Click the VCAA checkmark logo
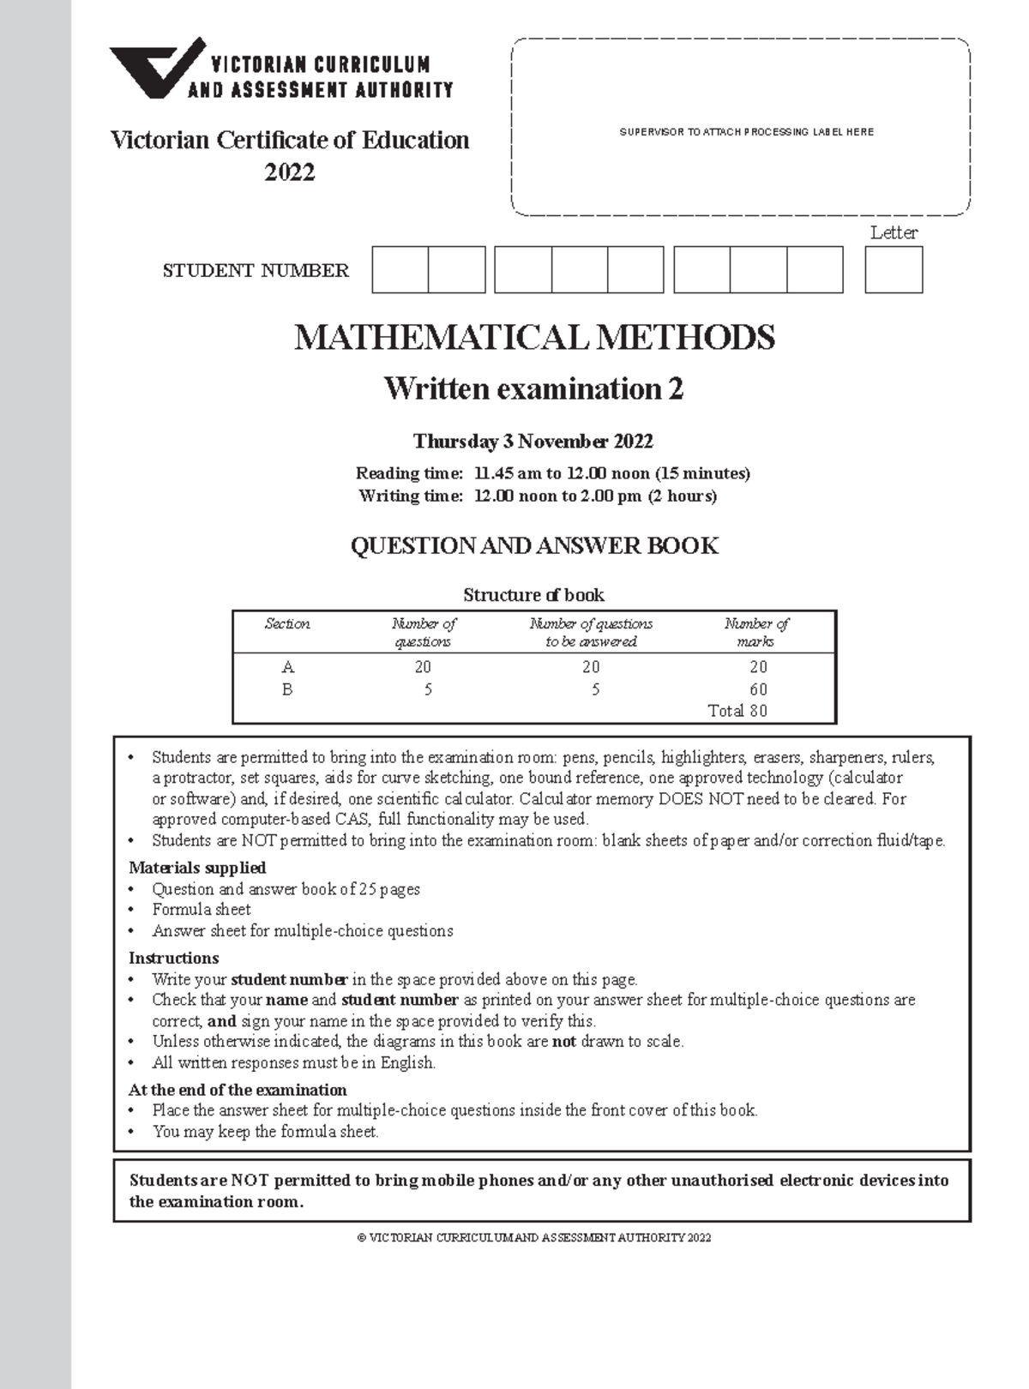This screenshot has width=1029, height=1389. coord(157,69)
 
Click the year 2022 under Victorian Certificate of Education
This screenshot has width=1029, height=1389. coord(290,172)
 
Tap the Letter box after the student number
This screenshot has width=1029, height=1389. coord(894,270)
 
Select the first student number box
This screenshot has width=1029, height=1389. coord(400,270)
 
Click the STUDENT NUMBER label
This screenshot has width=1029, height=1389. coord(256,271)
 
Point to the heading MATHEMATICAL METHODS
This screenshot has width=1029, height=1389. coord(534,337)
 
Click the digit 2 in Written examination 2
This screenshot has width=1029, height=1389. coord(676,389)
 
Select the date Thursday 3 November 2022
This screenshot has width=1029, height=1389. coord(533,442)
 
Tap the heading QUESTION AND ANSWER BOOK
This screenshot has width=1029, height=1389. coord(534,545)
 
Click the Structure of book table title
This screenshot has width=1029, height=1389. coord(533,595)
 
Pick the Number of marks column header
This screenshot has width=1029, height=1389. coord(755,633)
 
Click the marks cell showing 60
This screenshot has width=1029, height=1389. coord(758,689)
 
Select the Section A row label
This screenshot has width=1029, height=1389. coord(288,667)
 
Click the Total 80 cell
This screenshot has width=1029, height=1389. coord(737,711)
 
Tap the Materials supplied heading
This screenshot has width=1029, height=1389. coord(197,868)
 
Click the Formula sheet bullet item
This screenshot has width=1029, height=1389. coord(202,910)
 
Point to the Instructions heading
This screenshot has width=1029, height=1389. coord(173,958)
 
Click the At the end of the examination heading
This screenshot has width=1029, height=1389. coord(238,1090)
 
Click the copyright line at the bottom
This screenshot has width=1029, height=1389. coord(533,1238)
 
